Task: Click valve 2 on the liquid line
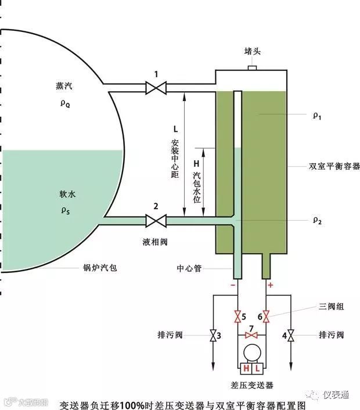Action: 156,221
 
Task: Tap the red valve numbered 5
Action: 237,317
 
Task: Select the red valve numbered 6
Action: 267,317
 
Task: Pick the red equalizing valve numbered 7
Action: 251,336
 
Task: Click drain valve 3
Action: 213,336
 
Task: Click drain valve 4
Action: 291,336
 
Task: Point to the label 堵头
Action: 253,52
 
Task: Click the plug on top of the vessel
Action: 253,68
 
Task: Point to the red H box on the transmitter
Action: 246,369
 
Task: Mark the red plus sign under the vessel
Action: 270,285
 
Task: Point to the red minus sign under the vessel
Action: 233,285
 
